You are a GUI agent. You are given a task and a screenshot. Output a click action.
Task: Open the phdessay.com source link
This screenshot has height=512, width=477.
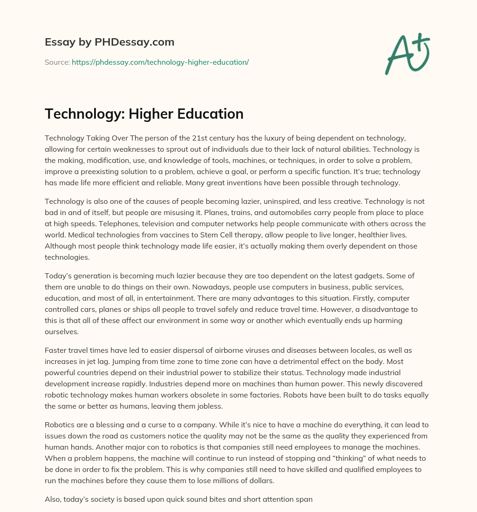(x=160, y=62)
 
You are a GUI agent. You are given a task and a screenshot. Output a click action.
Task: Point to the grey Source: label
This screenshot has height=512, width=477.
(x=57, y=62)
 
